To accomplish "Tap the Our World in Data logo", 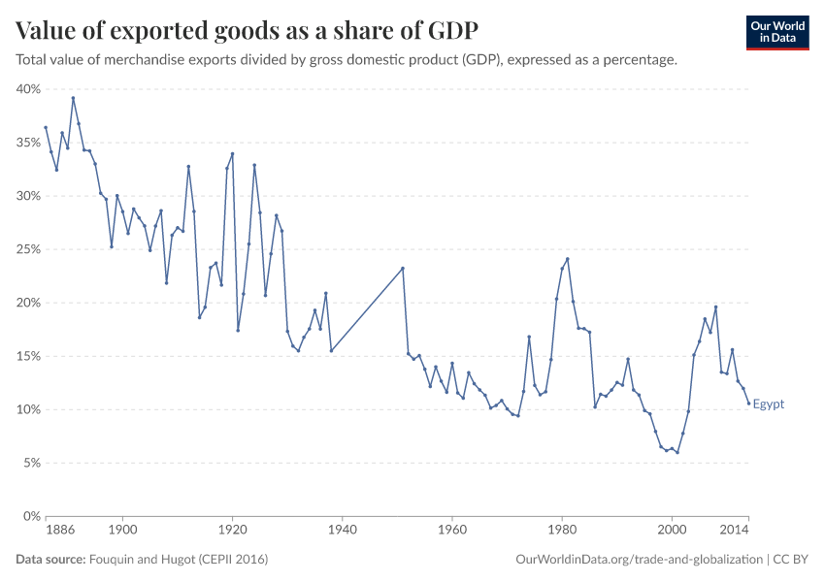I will (x=776, y=32).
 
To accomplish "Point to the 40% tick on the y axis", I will (x=28, y=89).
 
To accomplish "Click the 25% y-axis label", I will (x=28, y=249).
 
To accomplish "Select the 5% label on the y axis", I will (x=31, y=463).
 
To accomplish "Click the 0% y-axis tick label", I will (x=31, y=516).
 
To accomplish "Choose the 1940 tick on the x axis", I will (x=342, y=531).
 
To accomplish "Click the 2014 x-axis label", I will (x=735, y=531).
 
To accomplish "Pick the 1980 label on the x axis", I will (x=561, y=531).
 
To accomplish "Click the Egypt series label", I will (x=768, y=404).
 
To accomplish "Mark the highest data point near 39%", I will (x=73, y=98).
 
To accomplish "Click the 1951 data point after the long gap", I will (x=403, y=269).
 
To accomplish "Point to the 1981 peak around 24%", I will (x=568, y=259).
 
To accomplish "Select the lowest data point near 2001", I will (x=677, y=452).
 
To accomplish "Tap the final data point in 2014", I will (x=748, y=404).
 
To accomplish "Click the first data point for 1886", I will (x=46, y=127).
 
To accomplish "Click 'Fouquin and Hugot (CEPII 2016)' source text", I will (x=179, y=560).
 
